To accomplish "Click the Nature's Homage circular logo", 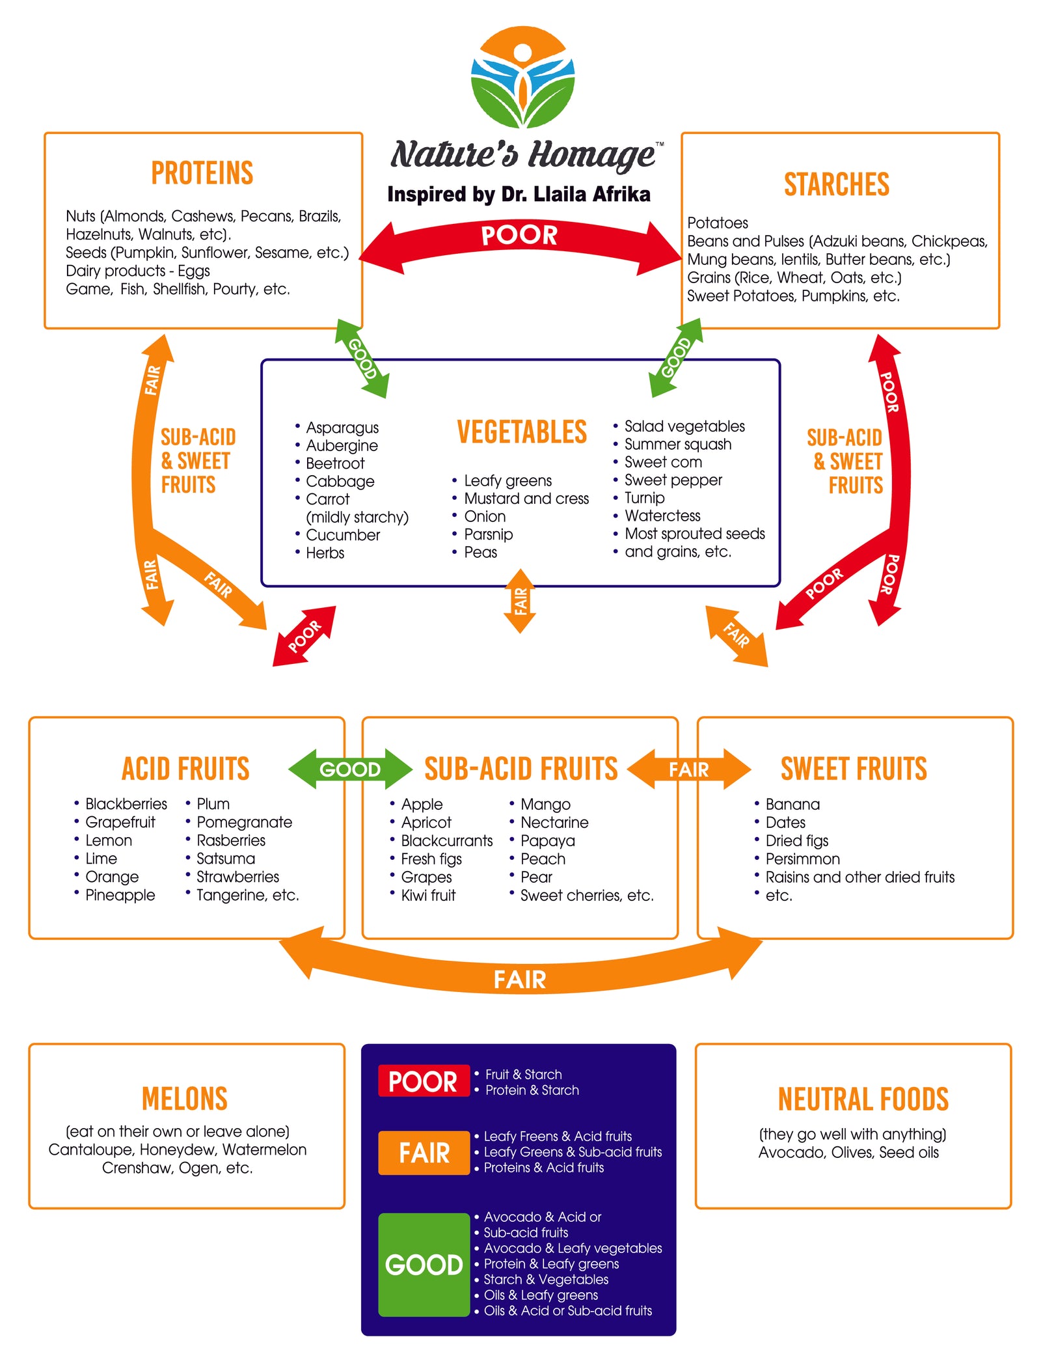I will (522, 77).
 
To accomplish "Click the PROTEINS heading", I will (202, 173).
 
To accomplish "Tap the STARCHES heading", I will (836, 184).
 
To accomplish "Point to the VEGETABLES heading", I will (522, 432).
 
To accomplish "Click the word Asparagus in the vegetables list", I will (342, 428).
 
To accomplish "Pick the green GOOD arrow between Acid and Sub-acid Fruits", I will (350, 769).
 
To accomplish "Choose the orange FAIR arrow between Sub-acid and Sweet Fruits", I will (688, 769).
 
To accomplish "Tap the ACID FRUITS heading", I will (185, 769).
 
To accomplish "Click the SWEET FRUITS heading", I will (854, 769).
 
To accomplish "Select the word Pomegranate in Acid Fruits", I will (244, 822).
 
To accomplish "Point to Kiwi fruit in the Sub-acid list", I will (428, 895).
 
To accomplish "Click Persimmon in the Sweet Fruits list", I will (802, 859).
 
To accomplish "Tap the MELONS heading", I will (185, 1099).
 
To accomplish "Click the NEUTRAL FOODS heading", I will (863, 1099).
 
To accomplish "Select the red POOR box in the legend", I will (423, 1081).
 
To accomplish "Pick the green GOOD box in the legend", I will (424, 1264).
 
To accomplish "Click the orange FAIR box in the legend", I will (424, 1153).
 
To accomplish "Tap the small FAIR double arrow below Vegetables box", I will (520, 601).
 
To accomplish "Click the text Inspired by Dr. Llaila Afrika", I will (519, 194).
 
